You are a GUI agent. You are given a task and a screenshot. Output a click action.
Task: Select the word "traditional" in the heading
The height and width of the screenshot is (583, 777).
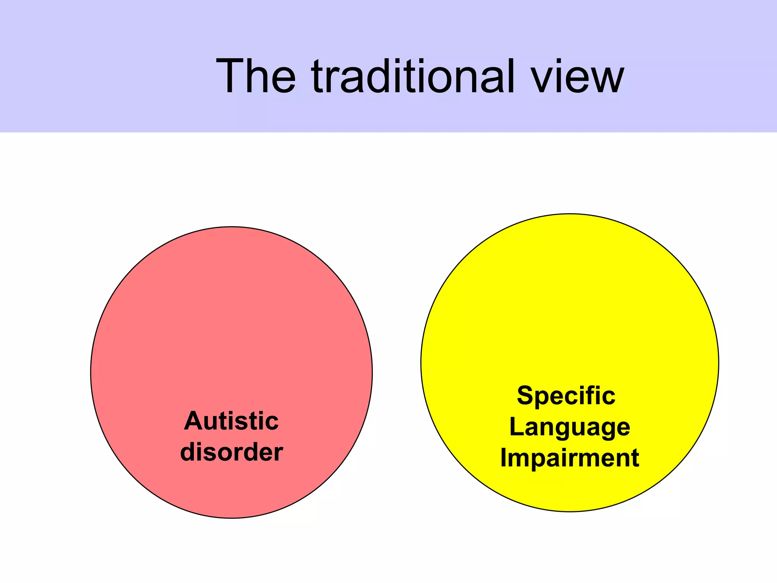[x=413, y=76]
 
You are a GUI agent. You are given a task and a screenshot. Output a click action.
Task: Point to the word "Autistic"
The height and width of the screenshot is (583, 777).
[x=231, y=421]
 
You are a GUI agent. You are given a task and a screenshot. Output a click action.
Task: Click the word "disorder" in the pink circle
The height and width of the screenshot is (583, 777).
[x=231, y=452]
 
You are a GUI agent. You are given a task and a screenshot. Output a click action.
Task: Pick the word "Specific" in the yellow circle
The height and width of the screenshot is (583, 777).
[x=566, y=395]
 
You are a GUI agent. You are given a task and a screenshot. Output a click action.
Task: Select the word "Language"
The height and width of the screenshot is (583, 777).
[x=569, y=427]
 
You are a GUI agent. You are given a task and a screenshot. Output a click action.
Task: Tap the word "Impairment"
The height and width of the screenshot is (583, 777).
[x=569, y=458]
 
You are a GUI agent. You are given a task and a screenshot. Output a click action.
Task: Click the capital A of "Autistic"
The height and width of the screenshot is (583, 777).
[x=193, y=421]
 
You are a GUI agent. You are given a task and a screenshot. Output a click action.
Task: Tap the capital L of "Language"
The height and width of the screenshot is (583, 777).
[x=515, y=427]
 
